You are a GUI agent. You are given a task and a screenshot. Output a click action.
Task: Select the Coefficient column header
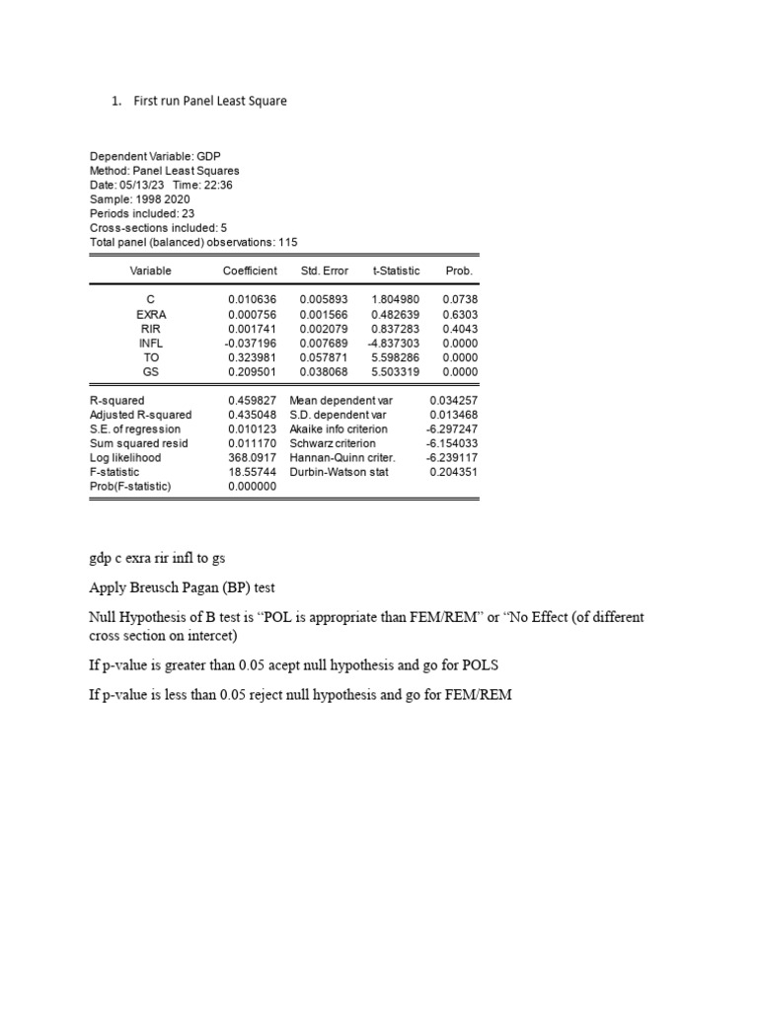point(250,271)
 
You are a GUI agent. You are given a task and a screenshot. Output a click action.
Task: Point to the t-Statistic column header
point(396,271)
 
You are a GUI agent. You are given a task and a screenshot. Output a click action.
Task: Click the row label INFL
point(150,343)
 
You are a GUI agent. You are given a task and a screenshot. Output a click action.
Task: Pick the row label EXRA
point(150,314)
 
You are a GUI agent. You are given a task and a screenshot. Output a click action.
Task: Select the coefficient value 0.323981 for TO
point(252,357)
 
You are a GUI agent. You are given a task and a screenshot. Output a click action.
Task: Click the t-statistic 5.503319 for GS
point(396,372)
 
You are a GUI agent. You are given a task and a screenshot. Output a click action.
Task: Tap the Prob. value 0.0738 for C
point(458,299)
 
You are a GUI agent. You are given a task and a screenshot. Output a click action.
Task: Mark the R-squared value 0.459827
point(252,401)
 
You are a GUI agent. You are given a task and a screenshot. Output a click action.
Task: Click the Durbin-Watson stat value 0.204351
point(453,472)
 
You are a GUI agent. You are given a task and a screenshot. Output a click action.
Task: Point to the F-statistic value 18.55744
point(252,472)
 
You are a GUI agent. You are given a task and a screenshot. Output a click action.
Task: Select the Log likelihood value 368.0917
point(252,458)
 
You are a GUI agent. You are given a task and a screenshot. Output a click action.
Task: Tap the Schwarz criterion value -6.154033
point(452,443)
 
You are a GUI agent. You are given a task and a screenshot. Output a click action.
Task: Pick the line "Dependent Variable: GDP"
point(155,156)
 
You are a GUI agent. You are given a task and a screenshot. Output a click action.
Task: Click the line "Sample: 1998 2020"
point(139,198)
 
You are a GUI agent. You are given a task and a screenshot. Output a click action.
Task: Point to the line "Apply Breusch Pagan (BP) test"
point(182,587)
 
